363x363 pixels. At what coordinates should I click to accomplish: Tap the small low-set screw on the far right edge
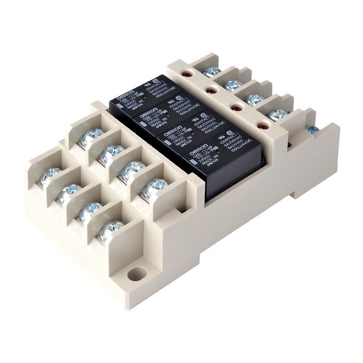tap(312, 130)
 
